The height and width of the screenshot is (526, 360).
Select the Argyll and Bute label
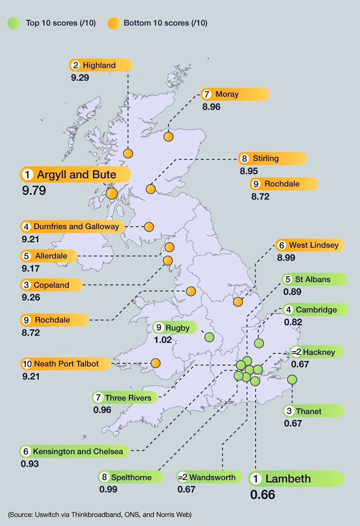76,175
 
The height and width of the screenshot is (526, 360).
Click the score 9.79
34,190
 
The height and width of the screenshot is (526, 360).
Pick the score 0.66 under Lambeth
262,494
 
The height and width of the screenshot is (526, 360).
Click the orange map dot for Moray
168,137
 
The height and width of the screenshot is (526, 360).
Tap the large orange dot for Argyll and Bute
112,193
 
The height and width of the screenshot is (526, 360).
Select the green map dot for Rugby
209,337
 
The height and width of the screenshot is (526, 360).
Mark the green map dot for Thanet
292,379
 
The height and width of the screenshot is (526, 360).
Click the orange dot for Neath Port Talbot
155,363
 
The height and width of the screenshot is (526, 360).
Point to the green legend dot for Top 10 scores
14,23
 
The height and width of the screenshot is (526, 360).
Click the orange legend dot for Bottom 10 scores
113,23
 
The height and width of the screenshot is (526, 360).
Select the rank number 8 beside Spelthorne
104,477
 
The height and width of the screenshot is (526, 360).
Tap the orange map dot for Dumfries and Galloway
149,227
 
